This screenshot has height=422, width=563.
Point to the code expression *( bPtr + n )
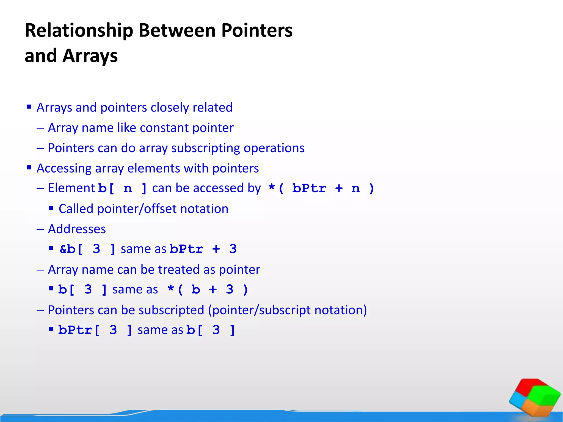[321, 188]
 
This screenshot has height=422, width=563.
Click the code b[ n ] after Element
[122, 188]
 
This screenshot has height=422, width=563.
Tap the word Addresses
[77, 229]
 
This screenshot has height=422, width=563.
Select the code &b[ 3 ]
[87, 249]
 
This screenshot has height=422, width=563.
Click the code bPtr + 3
[203, 249]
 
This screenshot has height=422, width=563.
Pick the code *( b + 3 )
[208, 290]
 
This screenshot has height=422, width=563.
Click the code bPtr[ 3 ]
[95, 330]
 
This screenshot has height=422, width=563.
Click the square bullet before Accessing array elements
[29, 167]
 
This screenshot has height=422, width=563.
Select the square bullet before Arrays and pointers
[29, 107]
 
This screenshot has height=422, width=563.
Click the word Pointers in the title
[257, 31]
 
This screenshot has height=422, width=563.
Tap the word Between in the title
[177, 31]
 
